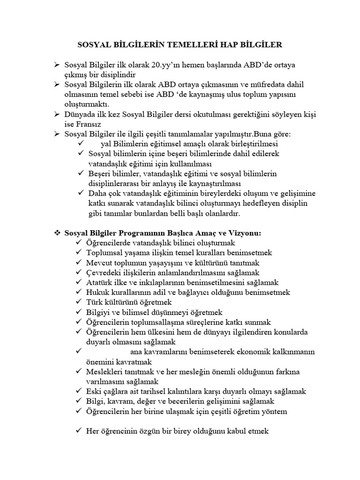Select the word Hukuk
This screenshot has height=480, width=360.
[x=97, y=292]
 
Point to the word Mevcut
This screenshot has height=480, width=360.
[x=100, y=263]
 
